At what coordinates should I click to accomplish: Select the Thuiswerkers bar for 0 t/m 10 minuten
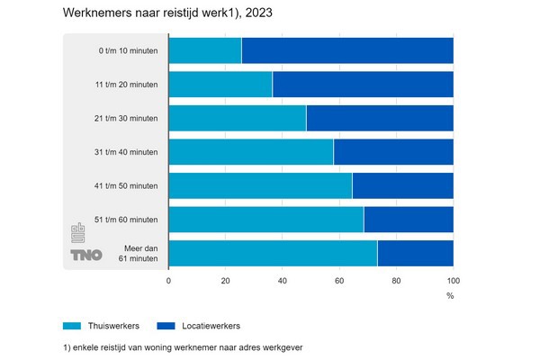[205, 50]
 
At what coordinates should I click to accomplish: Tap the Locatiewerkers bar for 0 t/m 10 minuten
[347, 50]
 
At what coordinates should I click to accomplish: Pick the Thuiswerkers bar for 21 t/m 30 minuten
[238, 119]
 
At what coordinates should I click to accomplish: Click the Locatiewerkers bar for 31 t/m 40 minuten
[393, 152]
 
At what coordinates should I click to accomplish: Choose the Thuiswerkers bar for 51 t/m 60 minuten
[266, 220]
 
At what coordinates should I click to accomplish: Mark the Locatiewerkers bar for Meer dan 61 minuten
[415, 254]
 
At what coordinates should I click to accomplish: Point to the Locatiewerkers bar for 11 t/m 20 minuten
[363, 85]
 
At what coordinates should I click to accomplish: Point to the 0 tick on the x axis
[169, 281]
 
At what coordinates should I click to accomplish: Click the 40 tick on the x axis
[283, 281]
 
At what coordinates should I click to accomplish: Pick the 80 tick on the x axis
[396, 281]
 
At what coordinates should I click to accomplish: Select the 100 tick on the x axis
[453, 281]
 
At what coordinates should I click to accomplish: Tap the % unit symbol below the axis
[450, 295]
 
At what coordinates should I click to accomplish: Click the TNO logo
[81, 255]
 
